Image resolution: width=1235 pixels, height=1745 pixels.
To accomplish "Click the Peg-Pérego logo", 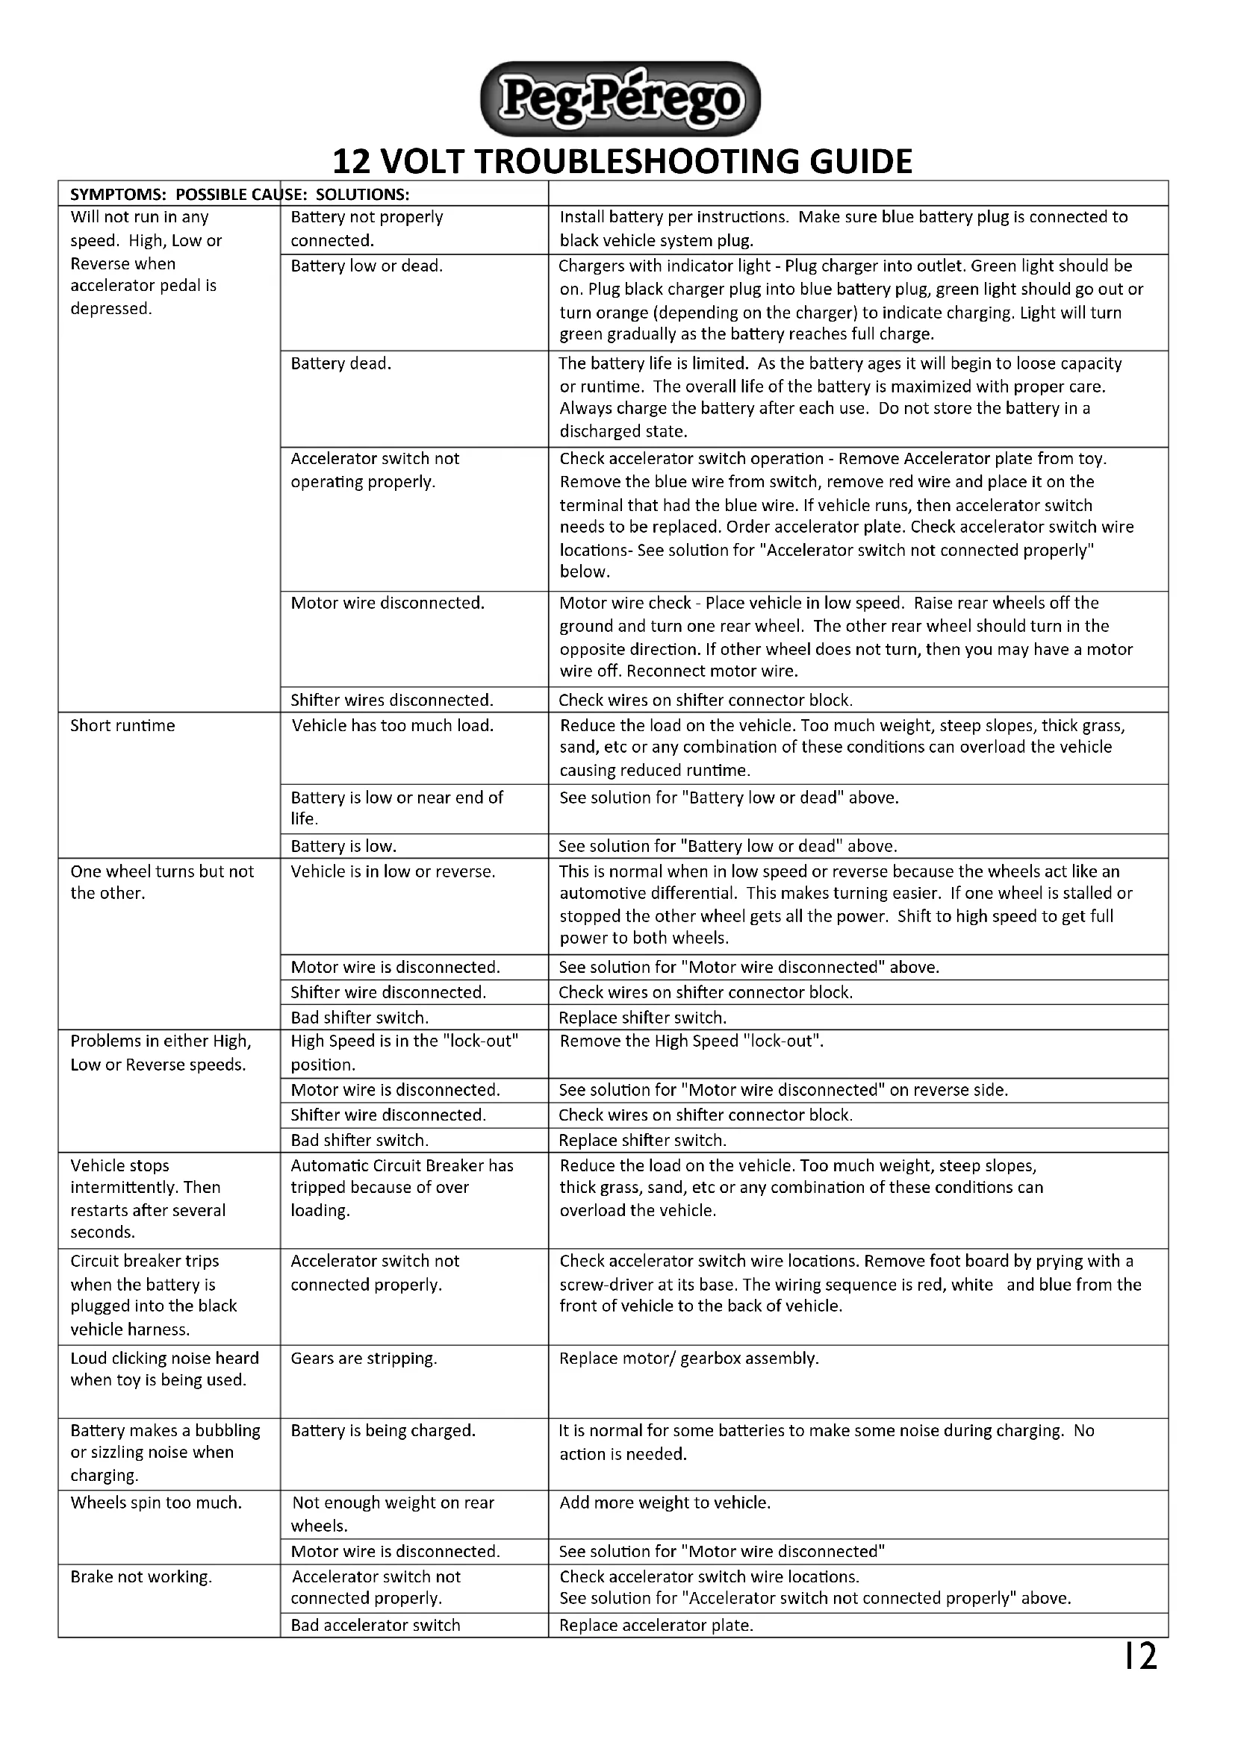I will (620, 99).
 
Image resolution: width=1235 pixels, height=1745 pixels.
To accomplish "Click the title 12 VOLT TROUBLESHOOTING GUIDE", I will (622, 161).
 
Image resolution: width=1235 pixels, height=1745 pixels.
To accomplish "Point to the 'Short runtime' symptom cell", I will (122, 725).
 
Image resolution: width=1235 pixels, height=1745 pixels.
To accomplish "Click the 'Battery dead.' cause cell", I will (340, 363).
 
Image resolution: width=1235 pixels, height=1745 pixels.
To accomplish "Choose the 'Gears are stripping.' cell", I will (364, 1358).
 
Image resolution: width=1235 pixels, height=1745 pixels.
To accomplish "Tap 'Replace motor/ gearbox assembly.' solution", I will (688, 1358).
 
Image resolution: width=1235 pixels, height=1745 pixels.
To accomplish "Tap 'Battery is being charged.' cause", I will (382, 1430).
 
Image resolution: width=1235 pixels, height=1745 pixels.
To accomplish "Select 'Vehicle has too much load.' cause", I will (393, 725).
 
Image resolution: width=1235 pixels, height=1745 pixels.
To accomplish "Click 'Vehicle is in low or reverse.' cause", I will (393, 871).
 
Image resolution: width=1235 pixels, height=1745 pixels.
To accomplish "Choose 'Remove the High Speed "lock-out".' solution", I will (691, 1041).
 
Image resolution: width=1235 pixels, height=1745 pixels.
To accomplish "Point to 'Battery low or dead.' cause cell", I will (367, 266).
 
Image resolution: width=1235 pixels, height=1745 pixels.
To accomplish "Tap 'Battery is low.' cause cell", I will (343, 846).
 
